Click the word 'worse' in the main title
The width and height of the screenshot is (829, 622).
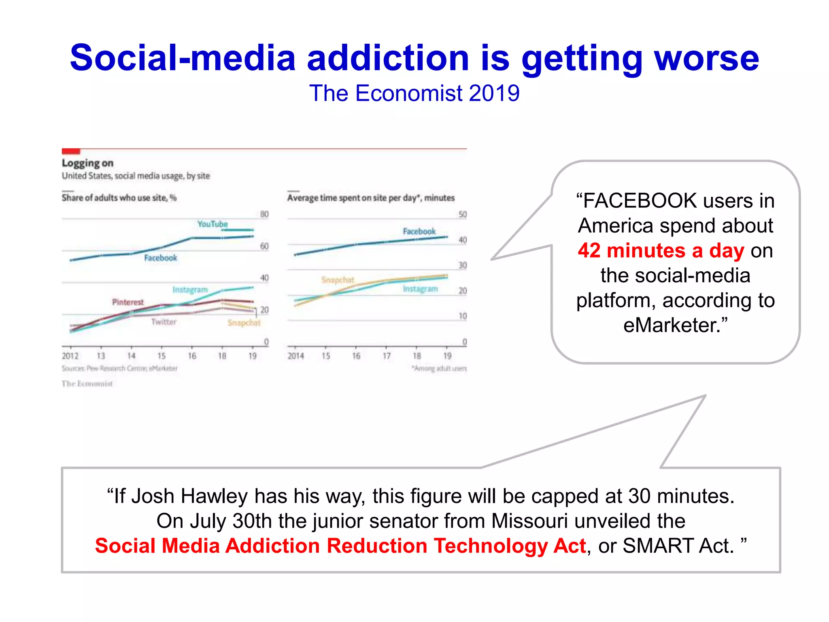point(706,58)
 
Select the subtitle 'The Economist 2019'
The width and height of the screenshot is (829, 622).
point(414,93)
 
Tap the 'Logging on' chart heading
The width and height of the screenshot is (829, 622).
point(87,163)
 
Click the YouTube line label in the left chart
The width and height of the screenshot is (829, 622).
point(213,224)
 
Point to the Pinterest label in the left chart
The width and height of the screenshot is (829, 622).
point(128,302)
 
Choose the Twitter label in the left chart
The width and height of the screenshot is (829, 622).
point(164,322)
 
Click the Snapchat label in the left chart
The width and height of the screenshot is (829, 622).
point(244,323)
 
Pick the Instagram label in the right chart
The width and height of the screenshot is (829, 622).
point(420,289)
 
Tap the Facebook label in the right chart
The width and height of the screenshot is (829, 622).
point(419,231)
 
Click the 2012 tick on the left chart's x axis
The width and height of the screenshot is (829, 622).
point(70,356)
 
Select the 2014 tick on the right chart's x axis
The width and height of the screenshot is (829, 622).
point(295,356)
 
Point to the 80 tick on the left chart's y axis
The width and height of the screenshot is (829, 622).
point(264,214)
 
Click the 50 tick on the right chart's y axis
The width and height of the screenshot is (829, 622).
point(463,214)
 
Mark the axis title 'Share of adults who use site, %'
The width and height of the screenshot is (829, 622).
point(119,198)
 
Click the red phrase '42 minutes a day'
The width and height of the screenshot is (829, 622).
point(661,250)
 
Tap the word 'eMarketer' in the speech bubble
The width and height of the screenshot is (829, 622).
point(672,325)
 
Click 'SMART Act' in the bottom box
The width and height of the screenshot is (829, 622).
point(678,546)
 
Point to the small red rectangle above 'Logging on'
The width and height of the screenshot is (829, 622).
point(71,151)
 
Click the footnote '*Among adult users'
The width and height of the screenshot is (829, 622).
point(439,369)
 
